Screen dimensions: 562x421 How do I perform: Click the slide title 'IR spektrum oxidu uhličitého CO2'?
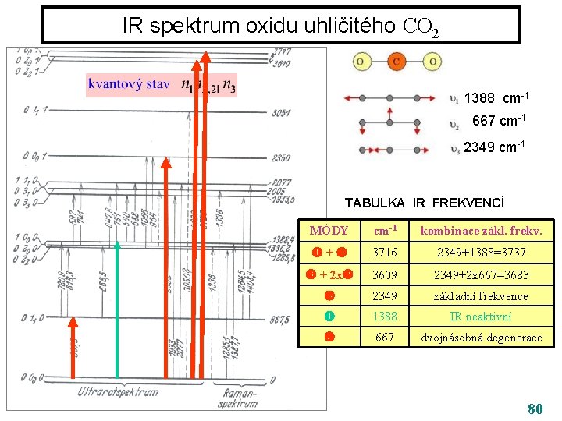click(x=280, y=26)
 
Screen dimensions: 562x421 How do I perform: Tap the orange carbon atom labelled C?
click(x=397, y=62)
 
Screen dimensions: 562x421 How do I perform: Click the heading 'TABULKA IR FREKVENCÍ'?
click(x=425, y=203)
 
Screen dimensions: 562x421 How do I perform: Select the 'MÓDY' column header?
click(x=329, y=232)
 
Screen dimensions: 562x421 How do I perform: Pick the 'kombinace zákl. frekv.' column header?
click(x=481, y=232)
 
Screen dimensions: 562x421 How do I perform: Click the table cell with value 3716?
click(x=385, y=253)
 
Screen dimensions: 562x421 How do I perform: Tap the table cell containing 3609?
click(x=385, y=274)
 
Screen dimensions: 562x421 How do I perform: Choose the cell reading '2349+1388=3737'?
click(x=481, y=253)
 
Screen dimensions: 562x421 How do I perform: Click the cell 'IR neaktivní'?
click(x=481, y=317)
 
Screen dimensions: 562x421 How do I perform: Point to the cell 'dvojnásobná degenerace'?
click(x=481, y=338)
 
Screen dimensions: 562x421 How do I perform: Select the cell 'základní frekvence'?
click(x=481, y=295)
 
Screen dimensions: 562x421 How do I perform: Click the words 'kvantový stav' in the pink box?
click(x=128, y=83)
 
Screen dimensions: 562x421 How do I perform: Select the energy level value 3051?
click(x=282, y=113)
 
